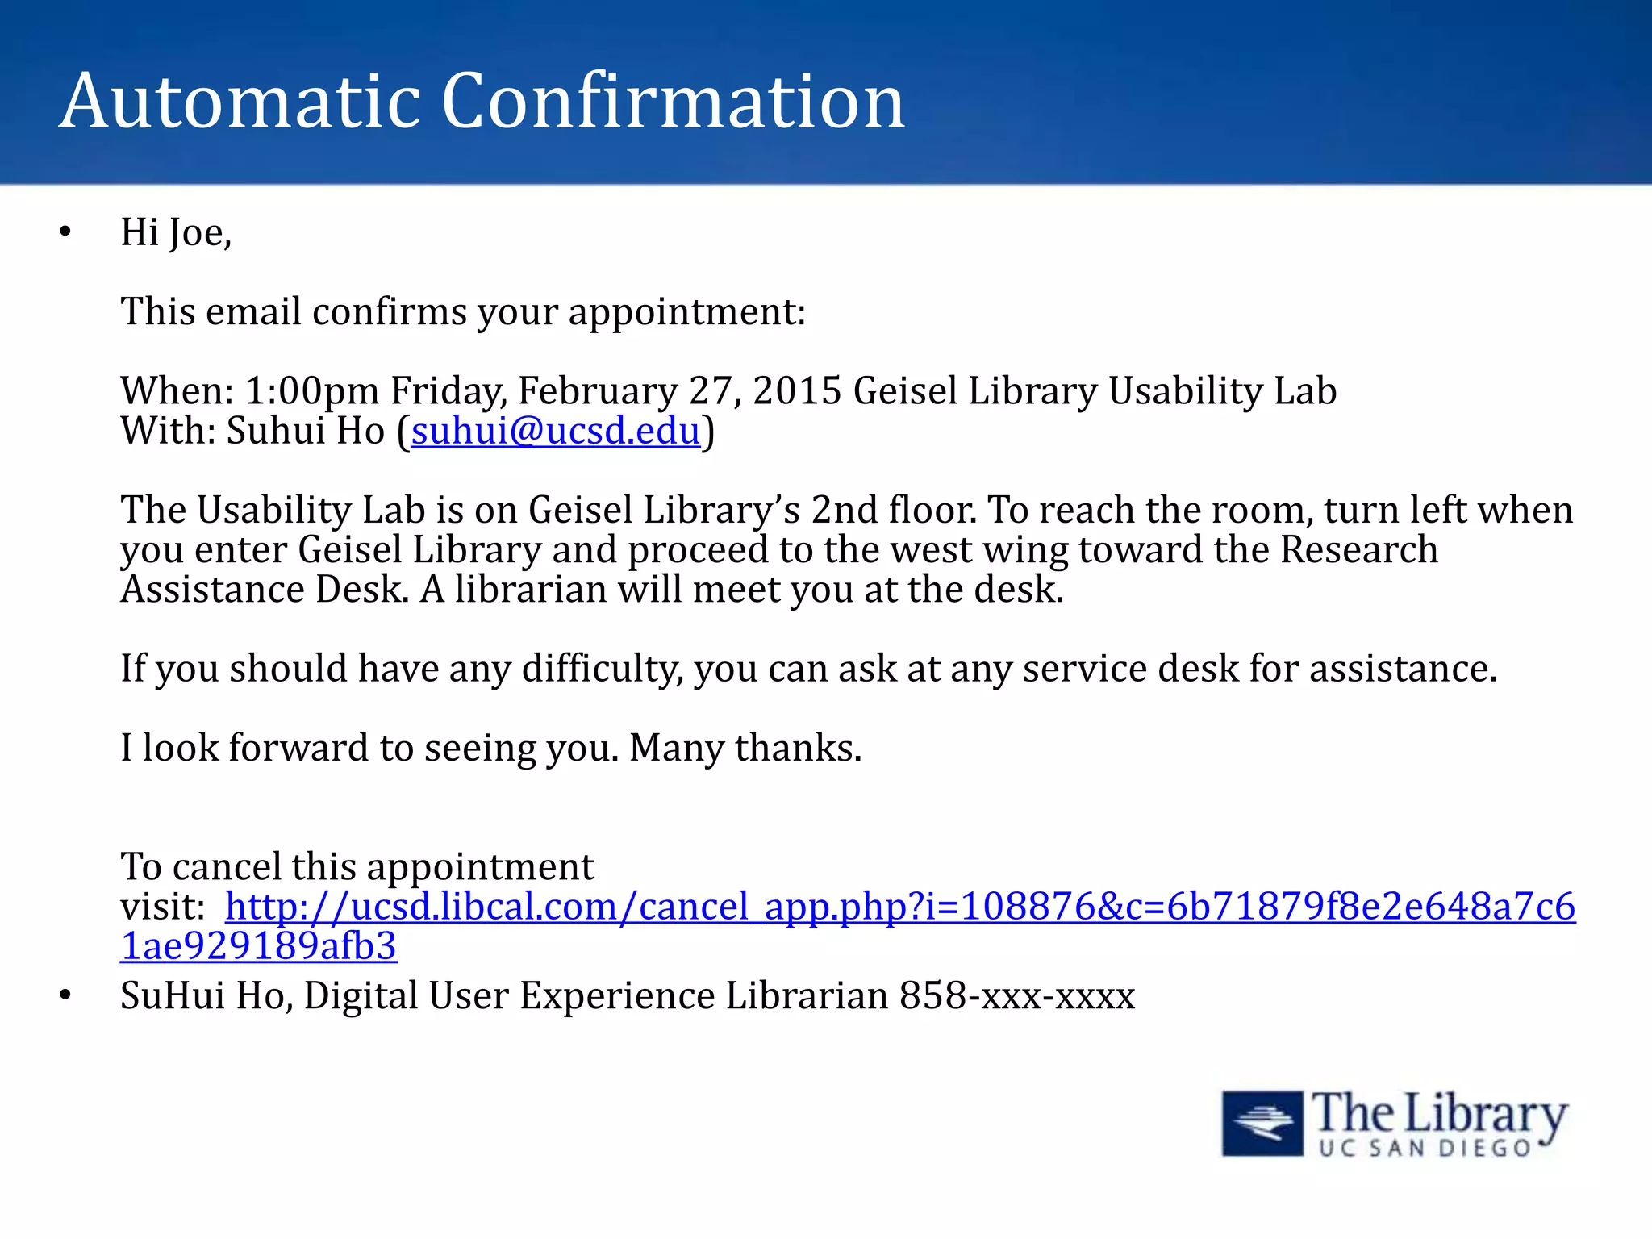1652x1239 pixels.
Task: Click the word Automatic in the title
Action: pos(240,102)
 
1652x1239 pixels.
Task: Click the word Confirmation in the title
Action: pos(674,102)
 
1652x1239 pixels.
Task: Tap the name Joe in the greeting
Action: pos(198,233)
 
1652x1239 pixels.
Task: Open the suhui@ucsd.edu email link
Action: pos(555,431)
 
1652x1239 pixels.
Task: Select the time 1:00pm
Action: pos(312,391)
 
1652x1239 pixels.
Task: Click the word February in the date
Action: pos(598,391)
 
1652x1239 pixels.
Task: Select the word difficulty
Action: pos(602,669)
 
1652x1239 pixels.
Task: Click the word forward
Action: pos(298,748)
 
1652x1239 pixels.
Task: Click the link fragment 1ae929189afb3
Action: pos(258,946)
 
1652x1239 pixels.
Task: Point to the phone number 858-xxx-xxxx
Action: pos(1017,995)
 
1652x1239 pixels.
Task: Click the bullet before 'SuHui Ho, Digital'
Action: pos(65,996)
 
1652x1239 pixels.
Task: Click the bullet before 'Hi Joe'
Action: pos(65,233)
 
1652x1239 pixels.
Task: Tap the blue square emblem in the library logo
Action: pos(1262,1123)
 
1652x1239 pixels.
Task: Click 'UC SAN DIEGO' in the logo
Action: pos(1425,1148)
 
